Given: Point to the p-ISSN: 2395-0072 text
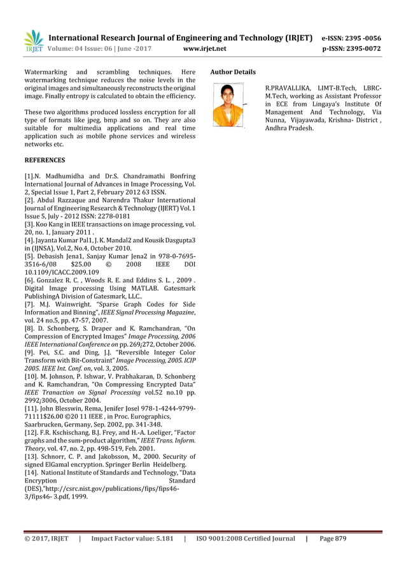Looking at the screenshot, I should click(361, 47).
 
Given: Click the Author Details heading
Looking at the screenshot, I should click(232, 72).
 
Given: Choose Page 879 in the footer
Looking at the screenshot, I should click(333, 539).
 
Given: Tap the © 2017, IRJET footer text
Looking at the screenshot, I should click(45, 539).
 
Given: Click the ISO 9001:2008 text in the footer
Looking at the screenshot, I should click(225, 539).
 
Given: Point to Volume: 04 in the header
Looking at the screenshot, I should click(68, 47).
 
